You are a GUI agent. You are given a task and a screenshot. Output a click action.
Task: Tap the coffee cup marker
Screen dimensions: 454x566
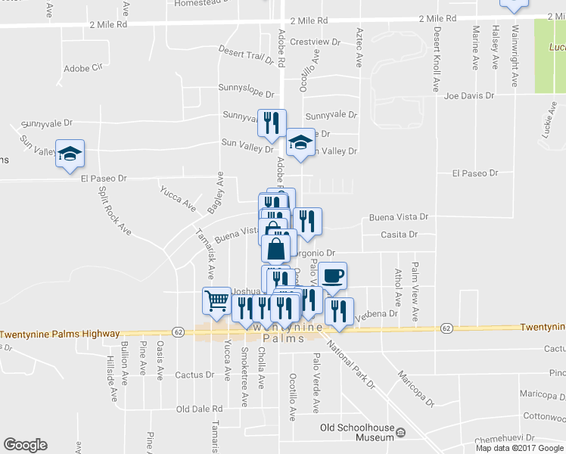(332, 275)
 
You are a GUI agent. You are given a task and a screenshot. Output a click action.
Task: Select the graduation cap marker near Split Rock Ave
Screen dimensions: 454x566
(70, 154)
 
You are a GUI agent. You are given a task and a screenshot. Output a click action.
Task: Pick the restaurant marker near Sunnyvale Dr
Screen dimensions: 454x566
(272, 123)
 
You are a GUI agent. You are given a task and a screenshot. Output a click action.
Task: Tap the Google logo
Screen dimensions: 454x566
(25, 445)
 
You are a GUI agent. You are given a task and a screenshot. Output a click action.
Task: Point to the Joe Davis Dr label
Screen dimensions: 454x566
(469, 96)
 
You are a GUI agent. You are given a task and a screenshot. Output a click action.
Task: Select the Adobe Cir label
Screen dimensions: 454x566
(82, 67)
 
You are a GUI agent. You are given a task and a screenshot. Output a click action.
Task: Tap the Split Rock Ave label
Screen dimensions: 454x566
(104, 208)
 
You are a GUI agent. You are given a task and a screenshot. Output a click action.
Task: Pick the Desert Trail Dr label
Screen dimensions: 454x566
(245, 54)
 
